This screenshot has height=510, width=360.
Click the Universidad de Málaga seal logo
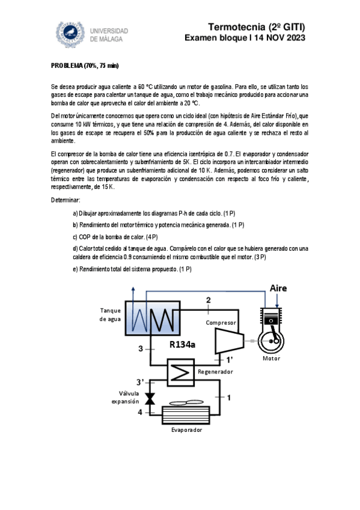pos(70,34)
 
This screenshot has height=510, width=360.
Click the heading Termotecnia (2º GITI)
pos(257,26)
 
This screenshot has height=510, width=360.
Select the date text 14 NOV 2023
pos(279,38)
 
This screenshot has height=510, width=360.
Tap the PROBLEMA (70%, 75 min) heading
pos(85,66)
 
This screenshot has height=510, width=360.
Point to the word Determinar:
pos(66,200)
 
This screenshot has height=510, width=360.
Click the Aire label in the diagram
pos(278,288)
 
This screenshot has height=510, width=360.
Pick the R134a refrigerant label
pos(182,345)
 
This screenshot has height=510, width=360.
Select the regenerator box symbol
pos(181,372)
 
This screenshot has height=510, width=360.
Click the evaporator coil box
pos(186,416)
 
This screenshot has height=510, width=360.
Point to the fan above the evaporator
pos(186,403)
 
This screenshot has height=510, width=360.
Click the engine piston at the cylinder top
pos(271,321)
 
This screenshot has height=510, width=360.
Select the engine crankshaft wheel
pos(271,341)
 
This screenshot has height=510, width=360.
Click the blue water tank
pos(153,318)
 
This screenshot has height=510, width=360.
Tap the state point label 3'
pos(140,382)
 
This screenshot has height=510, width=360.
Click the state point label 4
pos(140,412)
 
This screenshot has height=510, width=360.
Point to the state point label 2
pos(209,300)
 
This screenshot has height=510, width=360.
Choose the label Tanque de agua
pos(110,315)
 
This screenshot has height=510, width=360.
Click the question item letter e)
pos(75,269)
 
